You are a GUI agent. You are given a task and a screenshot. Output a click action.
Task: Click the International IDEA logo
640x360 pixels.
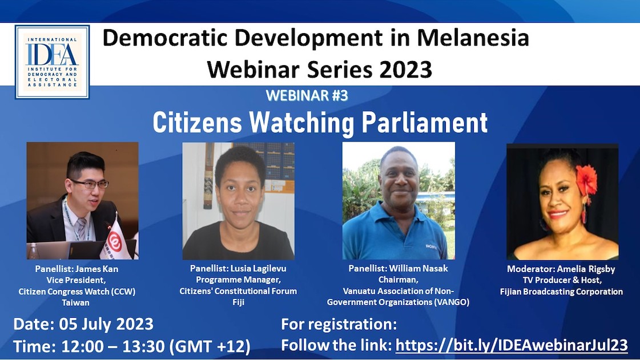(x=53, y=62)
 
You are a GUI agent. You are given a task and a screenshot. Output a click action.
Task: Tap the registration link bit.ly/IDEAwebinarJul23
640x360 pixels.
(x=512, y=345)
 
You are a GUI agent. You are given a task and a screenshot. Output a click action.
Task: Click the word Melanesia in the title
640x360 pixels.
(x=473, y=38)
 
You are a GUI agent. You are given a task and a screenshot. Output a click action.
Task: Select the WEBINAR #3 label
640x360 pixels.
(x=307, y=95)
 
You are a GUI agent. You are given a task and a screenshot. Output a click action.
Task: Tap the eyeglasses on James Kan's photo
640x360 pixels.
(x=90, y=184)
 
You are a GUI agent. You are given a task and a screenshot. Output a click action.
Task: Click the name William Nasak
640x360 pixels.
(x=418, y=269)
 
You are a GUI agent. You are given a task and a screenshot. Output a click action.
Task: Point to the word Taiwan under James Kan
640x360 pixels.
(x=75, y=303)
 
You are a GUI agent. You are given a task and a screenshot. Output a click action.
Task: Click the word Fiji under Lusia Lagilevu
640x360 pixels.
(x=239, y=302)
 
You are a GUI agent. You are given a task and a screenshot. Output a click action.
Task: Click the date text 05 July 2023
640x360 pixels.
(x=106, y=324)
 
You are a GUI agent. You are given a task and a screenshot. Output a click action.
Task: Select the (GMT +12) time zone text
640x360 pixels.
(x=210, y=346)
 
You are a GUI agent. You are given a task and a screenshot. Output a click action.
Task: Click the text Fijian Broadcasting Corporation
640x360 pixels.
(x=561, y=292)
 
